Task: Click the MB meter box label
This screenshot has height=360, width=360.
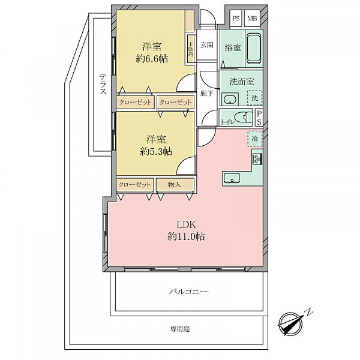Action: tap(252, 18)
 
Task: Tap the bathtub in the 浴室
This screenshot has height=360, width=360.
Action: tap(254, 49)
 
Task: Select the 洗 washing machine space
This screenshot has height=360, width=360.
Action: tap(254, 98)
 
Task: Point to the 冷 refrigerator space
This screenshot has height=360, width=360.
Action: tap(255, 139)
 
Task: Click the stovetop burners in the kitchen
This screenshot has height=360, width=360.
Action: tap(257, 158)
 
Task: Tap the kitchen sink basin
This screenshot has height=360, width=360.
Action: tap(232, 178)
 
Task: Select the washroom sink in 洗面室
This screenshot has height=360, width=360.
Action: tap(230, 100)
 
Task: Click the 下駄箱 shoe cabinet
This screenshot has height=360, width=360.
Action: tap(191, 49)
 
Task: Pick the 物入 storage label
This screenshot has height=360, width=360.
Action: tap(175, 184)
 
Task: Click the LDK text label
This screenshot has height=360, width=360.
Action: tap(186, 224)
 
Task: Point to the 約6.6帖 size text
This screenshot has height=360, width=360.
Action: tap(152, 59)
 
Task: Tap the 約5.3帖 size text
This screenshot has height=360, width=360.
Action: tap(156, 151)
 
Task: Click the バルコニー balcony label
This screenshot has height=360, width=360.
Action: tap(188, 292)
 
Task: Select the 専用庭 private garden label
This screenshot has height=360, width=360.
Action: tap(180, 329)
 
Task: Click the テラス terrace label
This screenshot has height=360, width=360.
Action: tap(103, 83)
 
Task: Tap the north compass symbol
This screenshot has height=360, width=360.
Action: tap(290, 323)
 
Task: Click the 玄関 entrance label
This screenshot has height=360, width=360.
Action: tap(207, 45)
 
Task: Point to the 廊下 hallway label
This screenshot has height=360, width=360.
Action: tap(206, 93)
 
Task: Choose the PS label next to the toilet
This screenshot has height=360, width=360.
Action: tap(259, 118)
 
